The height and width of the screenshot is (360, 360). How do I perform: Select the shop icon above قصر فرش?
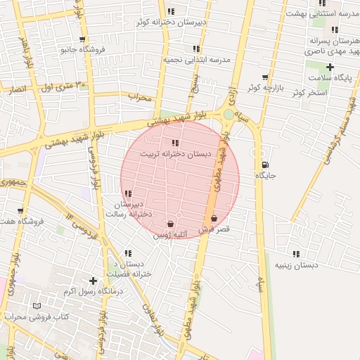coord(213,219)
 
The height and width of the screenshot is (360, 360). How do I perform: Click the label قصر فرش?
coord(214,229)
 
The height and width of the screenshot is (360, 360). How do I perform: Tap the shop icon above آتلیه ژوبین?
coord(171,224)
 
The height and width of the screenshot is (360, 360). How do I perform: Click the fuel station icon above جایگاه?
coord(264,165)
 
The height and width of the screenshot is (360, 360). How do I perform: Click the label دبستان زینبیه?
coord(296,264)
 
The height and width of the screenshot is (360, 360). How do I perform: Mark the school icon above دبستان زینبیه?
coord(296,254)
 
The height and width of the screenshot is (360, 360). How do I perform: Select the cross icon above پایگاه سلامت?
coord(330,67)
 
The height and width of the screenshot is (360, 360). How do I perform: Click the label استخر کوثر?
coord(309,93)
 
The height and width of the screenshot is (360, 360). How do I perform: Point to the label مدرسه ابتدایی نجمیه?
coord(197,60)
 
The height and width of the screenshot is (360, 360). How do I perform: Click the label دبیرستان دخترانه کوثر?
coord(172,22)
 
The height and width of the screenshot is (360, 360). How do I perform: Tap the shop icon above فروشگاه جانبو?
coord(83,39)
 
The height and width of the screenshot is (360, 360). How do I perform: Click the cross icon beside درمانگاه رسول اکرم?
coord(93,281)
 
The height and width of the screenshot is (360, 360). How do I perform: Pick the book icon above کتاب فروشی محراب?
coord(37,306)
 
